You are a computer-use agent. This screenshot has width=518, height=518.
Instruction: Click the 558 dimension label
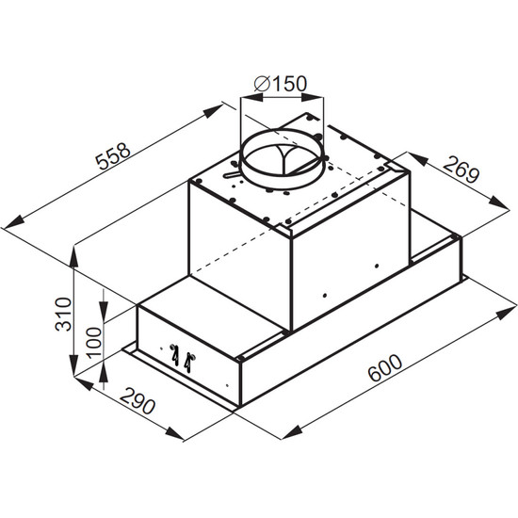coord(113,156)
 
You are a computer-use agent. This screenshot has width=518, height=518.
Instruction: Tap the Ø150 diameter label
coord(281,84)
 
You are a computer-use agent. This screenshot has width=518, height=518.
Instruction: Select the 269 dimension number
coord(461,170)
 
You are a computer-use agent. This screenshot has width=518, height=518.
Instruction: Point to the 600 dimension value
coord(385,367)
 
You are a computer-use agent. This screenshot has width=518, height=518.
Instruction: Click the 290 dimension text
coord(138,400)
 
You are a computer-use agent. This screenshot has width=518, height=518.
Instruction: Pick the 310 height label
coord(63,315)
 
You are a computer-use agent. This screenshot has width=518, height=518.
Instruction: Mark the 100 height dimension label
coord(93,343)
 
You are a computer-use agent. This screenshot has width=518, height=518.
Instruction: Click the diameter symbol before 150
coord(263,84)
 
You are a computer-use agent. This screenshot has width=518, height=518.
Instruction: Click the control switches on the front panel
coord(183,358)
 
